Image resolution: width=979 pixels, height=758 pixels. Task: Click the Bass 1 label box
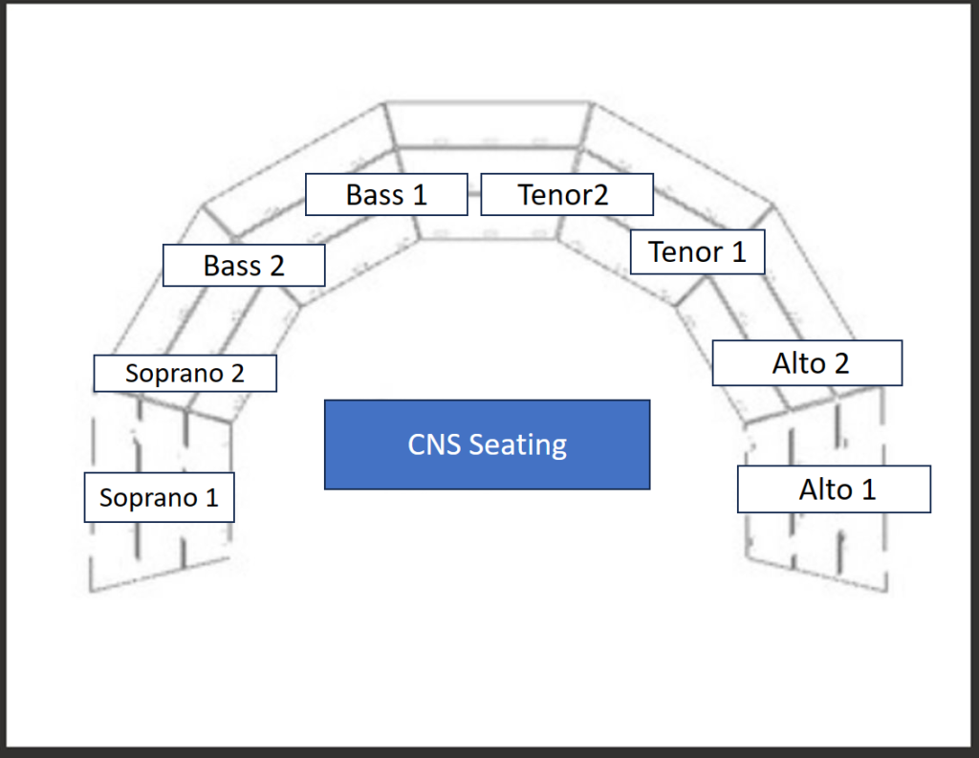coord(386,194)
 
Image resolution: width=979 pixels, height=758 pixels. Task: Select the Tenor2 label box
coord(566,194)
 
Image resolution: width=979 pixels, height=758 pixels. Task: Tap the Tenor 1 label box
coord(697,252)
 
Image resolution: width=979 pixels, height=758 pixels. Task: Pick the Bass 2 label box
coord(244,265)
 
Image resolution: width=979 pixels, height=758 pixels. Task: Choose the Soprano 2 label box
coord(185,373)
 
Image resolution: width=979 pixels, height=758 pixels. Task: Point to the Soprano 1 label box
coord(159,497)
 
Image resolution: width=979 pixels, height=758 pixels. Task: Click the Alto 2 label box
coord(807,362)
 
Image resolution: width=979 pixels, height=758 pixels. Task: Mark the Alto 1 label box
coord(834,489)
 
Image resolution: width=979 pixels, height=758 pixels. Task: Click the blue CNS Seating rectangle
coord(487,444)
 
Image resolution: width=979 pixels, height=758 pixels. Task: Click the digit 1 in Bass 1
coord(419,195)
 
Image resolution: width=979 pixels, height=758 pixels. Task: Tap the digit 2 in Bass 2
coord(276,266)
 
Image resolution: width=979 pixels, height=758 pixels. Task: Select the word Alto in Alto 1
coord(825,489)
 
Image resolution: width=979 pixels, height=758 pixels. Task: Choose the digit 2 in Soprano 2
coord(236,373)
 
